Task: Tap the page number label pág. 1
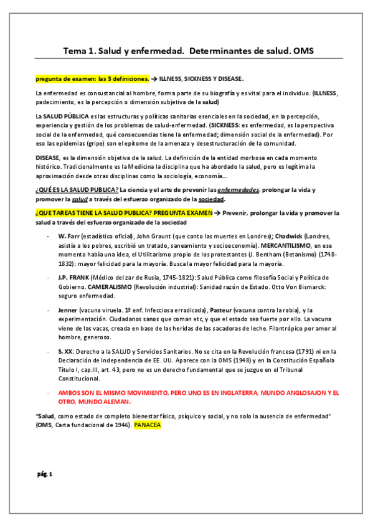[x=44, y=474]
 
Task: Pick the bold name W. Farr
[x=69, y=236]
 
